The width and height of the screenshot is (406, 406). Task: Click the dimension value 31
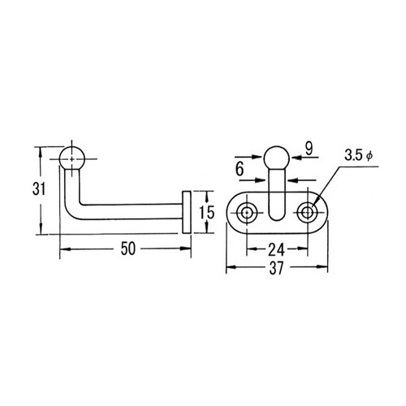pyautogui.click(x=39, y=188)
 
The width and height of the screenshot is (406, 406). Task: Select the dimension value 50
pyautogui.click(x=127, y=248)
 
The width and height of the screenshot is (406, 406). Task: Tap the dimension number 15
pyautogui.click(x=207, y=212)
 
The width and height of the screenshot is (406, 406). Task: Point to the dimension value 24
pyautogui.click(x=276, y=249)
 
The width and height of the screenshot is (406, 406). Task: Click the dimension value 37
pyautogui.click(x=276, y=268)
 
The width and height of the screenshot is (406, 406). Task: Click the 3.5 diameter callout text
pyautogui.click(x=359, y=156)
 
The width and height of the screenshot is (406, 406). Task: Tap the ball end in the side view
pyautogui.click(x=71, y=158)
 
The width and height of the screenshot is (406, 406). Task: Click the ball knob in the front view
pyautogui.click(x=277, y=158)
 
